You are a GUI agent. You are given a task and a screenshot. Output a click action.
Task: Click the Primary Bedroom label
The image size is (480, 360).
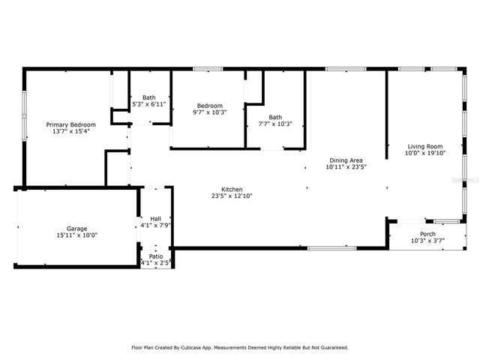click(71, 124)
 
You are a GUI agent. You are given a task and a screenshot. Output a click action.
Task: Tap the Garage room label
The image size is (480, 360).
click(76, 229)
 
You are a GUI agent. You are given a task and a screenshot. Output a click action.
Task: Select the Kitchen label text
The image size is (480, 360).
click(232, 190)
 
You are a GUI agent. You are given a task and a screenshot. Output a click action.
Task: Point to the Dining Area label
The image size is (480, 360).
click(346, 160)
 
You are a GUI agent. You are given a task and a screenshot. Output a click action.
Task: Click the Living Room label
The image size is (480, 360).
click(425, 146)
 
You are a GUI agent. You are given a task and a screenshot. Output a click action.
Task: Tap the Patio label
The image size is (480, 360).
click(155, 256)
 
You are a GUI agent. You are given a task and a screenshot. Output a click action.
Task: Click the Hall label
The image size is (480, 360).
click(155, 218)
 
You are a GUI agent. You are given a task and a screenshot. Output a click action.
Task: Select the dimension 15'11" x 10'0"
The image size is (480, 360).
click(76, 235)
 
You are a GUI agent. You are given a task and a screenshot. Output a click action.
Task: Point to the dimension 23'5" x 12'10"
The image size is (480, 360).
click(232, 196)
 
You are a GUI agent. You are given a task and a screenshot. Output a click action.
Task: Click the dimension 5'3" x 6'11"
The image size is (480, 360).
click(148, 104)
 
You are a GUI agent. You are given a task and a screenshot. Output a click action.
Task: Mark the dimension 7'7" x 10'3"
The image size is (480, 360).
click(275, 124)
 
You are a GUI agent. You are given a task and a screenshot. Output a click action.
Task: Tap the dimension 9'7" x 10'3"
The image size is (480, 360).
click(209, 112)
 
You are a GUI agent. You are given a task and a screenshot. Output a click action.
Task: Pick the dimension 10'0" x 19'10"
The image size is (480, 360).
click(425, 153)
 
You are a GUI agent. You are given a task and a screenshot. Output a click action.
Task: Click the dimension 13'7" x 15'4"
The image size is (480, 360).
click(71, 131)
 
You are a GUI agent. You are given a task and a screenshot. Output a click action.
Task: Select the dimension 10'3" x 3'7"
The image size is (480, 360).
click(428, 241)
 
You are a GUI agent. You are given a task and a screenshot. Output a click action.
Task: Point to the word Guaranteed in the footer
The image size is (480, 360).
click(331, 347)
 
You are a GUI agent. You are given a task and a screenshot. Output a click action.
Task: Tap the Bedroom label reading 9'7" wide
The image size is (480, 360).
click(209, 106)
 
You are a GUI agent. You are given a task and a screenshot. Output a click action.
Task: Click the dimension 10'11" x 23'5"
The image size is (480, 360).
click(346, 167)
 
